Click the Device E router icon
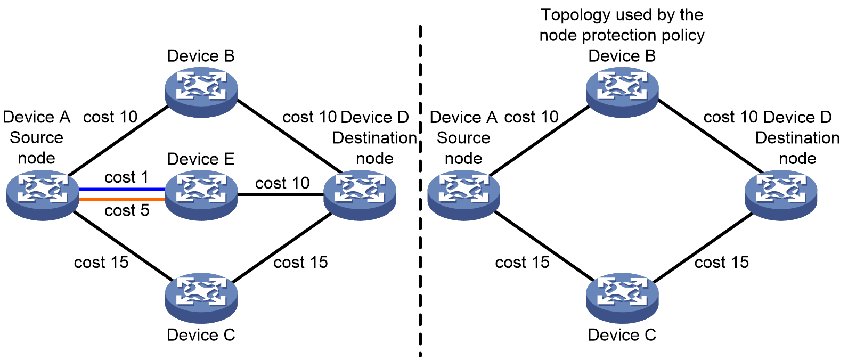[201, 195]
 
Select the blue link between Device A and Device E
[121, 189]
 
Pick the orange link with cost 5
[121, 199]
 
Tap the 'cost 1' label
[126, 177]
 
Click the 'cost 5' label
[127, 210]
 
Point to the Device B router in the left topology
[201, 92]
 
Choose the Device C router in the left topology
[201, 298]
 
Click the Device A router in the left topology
[43, 195]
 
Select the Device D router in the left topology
[360, 195]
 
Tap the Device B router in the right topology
[622, 92]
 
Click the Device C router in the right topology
[622, 298]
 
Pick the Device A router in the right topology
[464, 195]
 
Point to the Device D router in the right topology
[781, 195]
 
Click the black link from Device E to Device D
[281, 194]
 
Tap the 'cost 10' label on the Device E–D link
[282, 183]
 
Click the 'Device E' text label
[201, 159]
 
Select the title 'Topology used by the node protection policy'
[622, 25]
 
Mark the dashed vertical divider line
[420, 191]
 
